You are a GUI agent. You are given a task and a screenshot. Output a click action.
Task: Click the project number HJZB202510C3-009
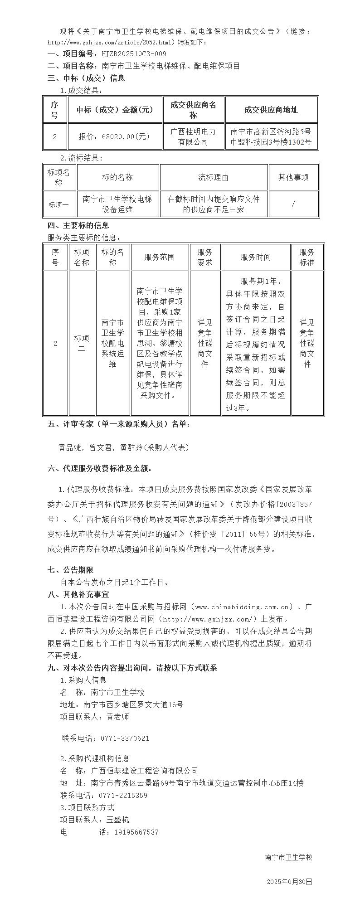pos(134,54)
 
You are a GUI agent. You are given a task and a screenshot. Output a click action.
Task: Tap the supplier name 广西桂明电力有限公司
pos(193,136)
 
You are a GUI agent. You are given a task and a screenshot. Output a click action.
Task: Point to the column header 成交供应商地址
pos(271,110)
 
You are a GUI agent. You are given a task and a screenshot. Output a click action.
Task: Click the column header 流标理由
pos(213,177)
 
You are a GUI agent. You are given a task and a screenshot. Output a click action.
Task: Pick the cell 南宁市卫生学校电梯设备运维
pos(117,204)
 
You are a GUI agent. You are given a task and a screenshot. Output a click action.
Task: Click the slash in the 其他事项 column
pos(293,204)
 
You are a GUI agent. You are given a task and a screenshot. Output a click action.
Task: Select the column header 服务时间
pos(256,257)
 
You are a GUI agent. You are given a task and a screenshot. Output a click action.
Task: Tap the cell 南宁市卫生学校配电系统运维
pos(112,343)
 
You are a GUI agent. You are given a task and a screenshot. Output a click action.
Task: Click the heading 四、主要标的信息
pos(78,225)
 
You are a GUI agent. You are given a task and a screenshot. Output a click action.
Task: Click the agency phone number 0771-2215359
pos(120,795)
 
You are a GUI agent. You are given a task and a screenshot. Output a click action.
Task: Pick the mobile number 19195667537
pos(128,832)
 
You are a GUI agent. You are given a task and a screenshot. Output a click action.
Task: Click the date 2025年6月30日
pos(289,882)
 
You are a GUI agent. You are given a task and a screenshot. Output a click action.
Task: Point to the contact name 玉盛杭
pos(117,820)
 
